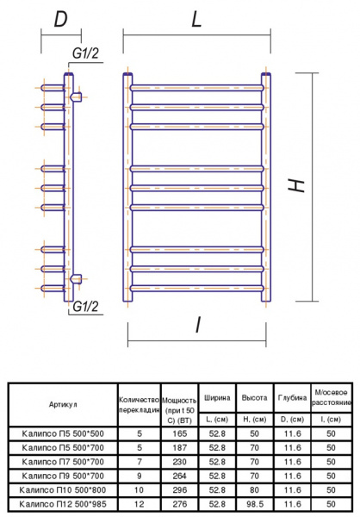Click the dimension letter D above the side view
tap(60, 20)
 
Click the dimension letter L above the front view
tap(196, 20)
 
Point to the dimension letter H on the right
tap(296, 185)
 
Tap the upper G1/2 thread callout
tap(85, 53)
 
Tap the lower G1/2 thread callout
tap(85, 307)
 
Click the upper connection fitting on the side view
tap(76, 97)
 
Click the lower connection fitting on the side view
tap(76, 279)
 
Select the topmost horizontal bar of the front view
tap(197, 88)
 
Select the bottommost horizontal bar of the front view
tap(197, 288)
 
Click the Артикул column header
tap(63, 405)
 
